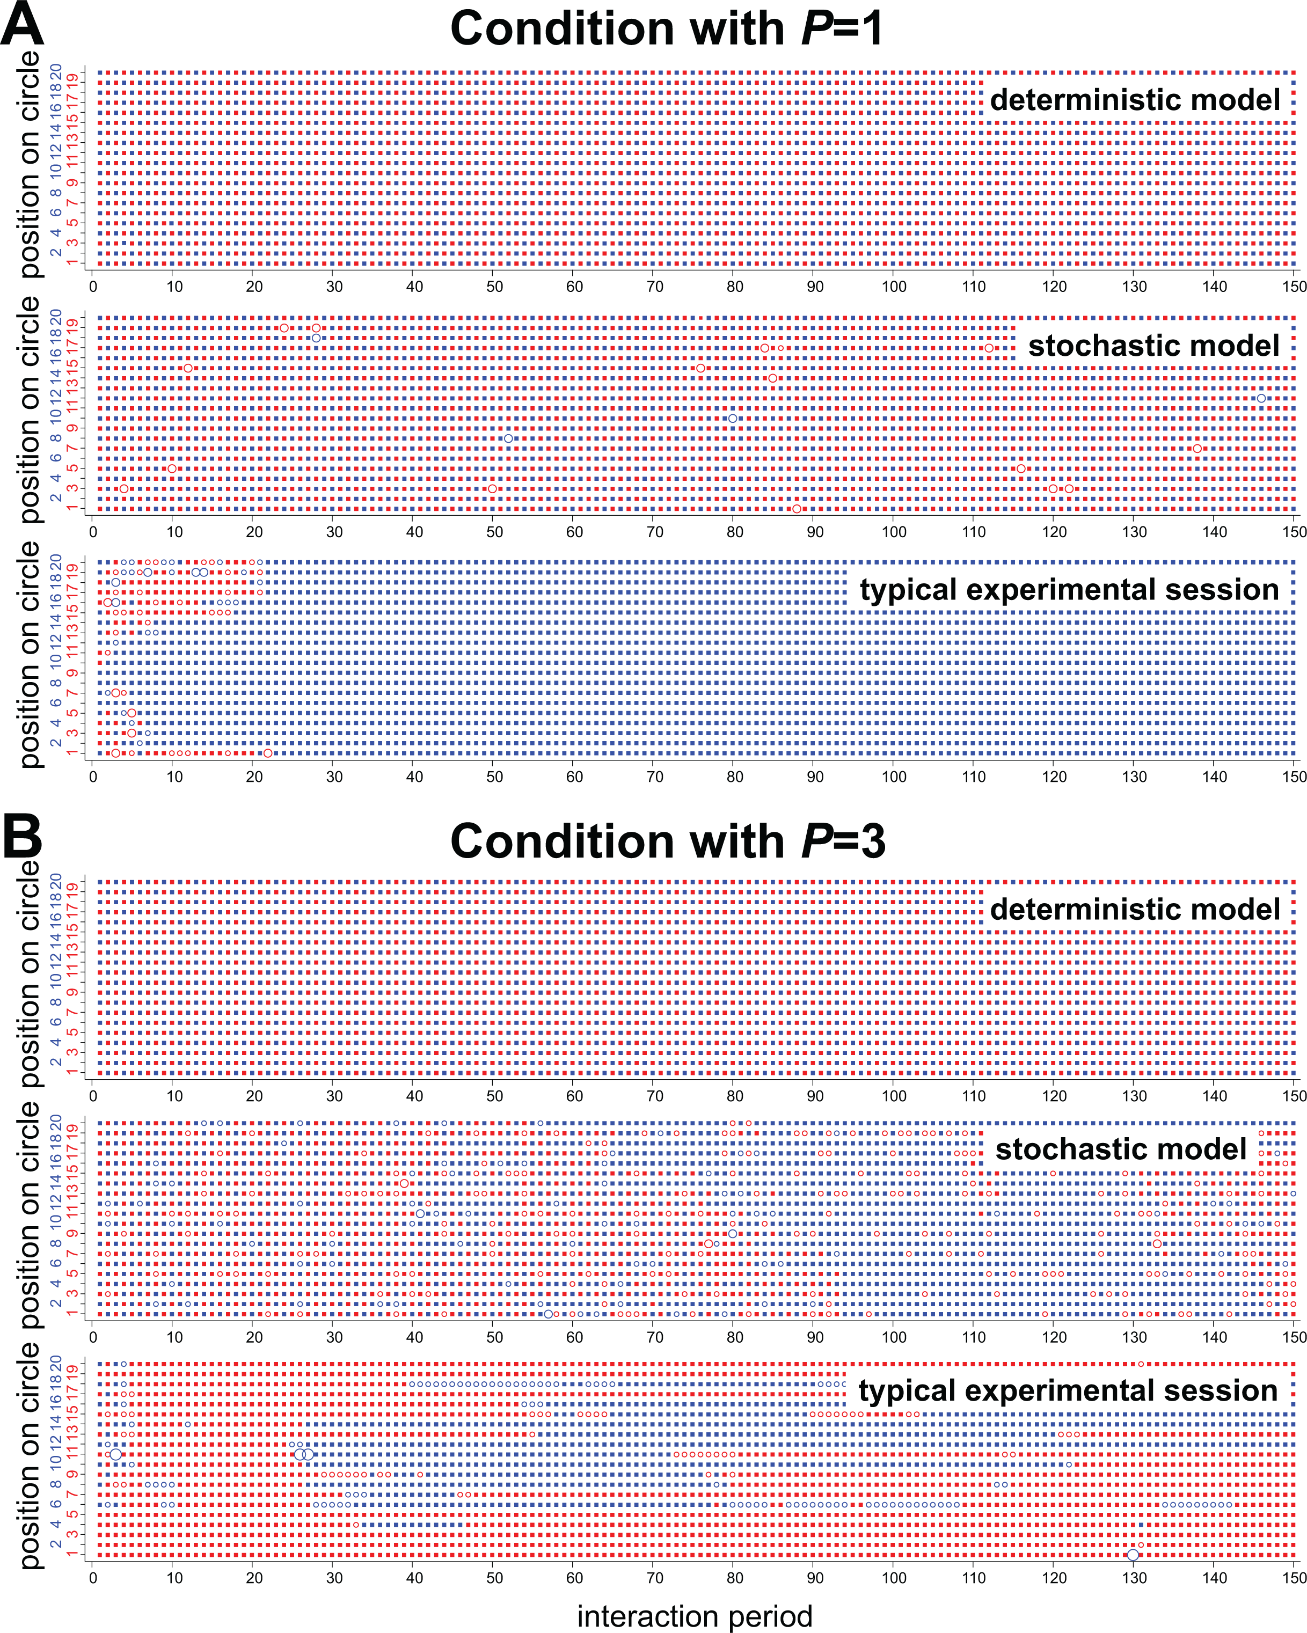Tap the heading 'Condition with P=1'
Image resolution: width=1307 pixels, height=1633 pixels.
point(667,29)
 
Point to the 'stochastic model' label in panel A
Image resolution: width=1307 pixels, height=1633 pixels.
point(1153,346)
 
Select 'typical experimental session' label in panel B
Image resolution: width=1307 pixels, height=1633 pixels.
point(1068,1390)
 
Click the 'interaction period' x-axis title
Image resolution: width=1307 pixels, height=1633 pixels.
point(695,1616)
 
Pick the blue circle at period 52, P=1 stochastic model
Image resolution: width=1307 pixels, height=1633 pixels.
point(508,438)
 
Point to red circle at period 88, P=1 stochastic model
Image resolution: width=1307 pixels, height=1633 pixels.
point(797,509)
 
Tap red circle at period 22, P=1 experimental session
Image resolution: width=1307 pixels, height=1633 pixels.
point(267,753)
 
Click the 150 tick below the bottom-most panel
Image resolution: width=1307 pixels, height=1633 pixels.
point(1294,1578)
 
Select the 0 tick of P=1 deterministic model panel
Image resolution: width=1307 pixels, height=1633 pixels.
point(93,287)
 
